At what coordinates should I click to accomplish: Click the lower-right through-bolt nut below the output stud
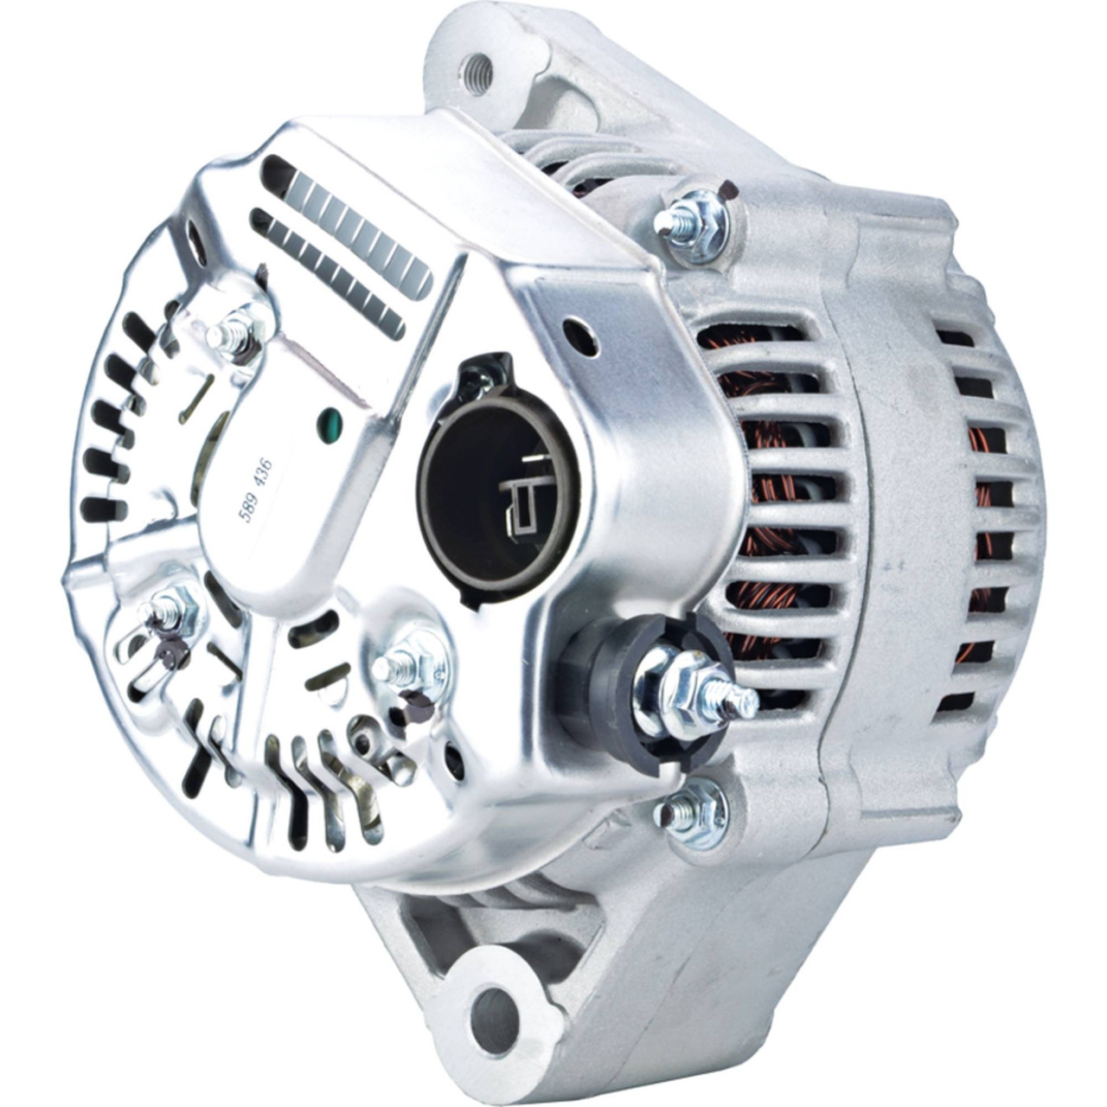click(696, 812)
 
